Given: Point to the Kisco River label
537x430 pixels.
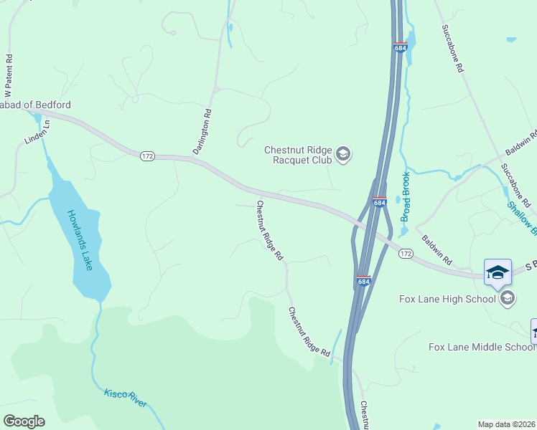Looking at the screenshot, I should pyautogui.click(x=126, y=398).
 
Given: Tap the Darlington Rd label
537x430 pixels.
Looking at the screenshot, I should pyautogui.click(x=203, y=131).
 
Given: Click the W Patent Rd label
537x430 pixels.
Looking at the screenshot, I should pyautogui.click(x=9, y=74).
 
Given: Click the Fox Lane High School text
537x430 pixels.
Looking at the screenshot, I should pyautogui.click(x=447, y=298).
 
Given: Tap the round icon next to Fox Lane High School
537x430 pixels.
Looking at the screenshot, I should pyautogui.click(x=508, y=298).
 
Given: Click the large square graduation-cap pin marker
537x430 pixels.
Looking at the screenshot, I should pyautogui.click(x=498, y=273).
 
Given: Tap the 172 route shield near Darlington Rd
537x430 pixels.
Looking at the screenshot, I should pyautogui.click(x=147, y=156).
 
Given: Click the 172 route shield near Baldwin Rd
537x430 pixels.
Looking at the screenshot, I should pyautogui.click(x=406, y=254).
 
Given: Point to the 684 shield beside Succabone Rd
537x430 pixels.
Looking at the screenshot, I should pyautogui.click(x=401, y=47).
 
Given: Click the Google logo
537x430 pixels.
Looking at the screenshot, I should pyautogui.click(x=24, y=421).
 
